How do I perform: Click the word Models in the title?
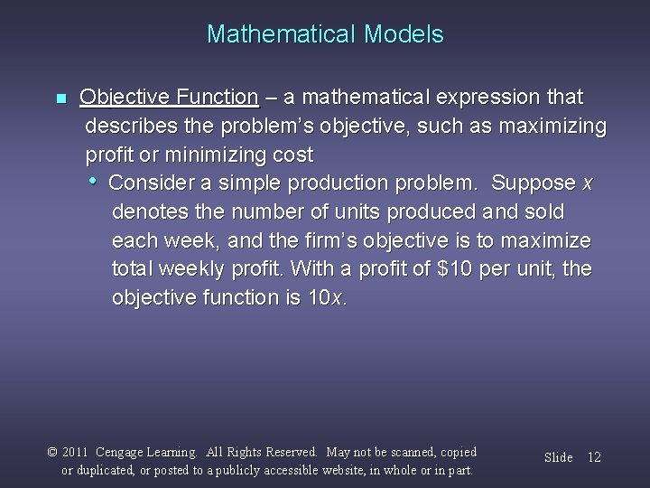tap(404, 34)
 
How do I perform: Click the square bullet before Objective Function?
tap(60, 98)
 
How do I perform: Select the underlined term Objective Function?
tap(169, 97)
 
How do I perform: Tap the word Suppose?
tap(534, 183)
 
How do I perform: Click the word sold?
tap(543, 211)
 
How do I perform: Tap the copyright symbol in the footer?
tap(53, 453)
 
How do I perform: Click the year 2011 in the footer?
tap(77, 453)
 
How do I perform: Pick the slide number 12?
tap(593, 457)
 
